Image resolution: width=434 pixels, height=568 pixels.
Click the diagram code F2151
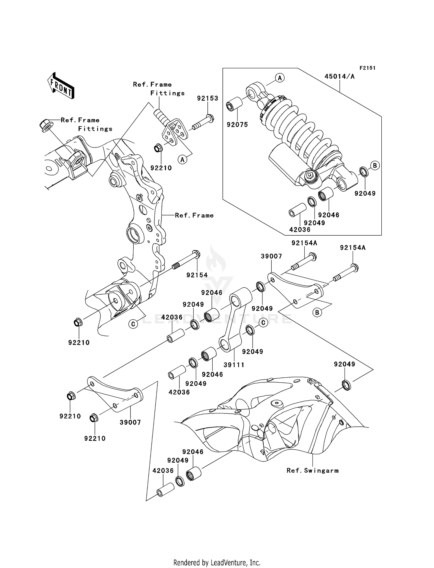[x=367, y=68]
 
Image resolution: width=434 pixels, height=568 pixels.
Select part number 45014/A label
[x=339, y=76]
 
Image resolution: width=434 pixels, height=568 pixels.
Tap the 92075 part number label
[x=237, y=125]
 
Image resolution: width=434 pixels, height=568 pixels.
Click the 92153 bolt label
[x=207, y=98]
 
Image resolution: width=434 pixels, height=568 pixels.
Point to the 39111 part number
[x=234, y=365]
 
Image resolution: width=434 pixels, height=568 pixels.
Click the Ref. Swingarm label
[x=312, y=470]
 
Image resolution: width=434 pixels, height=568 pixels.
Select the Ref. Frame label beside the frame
[x=194, y=215]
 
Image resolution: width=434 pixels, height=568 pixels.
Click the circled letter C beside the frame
[x=133, y=324]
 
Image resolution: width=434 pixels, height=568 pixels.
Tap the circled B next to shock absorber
[x=375, y=166]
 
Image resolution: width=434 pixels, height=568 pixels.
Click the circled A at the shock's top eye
[x=279, y=78]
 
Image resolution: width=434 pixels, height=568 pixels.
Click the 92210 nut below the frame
[x=78, y=322]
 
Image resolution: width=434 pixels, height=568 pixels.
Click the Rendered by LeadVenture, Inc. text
[x=217, y=562]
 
